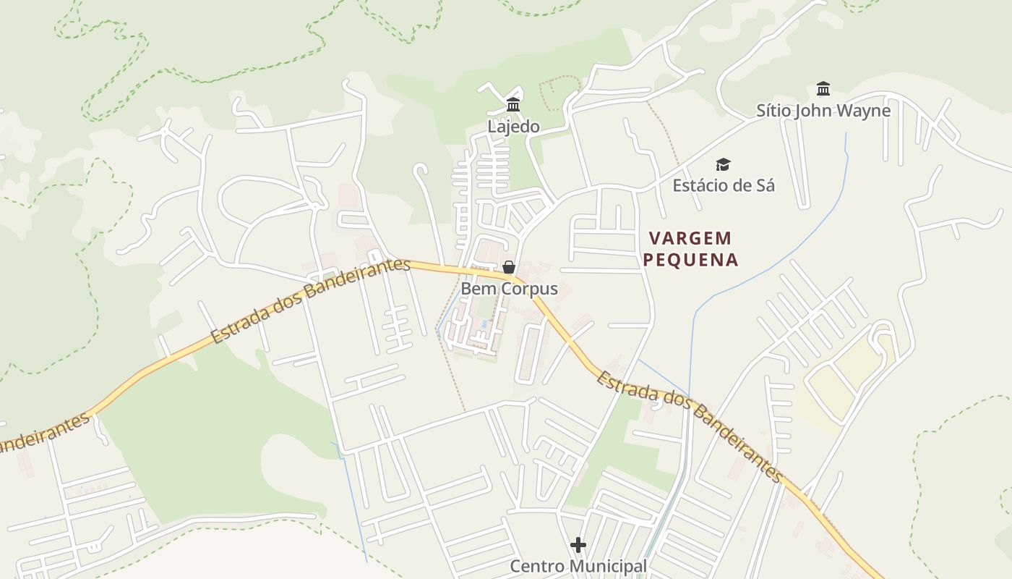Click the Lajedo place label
pos(513,127)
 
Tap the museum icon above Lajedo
pos(513,104)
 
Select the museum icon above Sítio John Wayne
pos(823,89)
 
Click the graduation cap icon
pos(723,165)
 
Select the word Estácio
pos(700,185)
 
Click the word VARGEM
pos(690,238)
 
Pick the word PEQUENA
pos(690,260)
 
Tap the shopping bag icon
pos(509,267)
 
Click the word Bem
pos(476,289)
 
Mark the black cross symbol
pos(578,544)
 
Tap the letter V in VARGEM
pos(654,238)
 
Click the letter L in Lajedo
pos(492,127)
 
